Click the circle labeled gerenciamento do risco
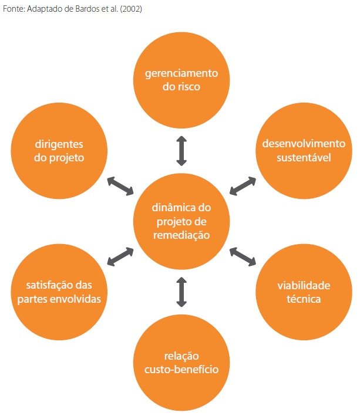[181, 80]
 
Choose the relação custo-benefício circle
[181, 363]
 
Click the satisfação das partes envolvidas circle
[59, 292]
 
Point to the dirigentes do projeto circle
[59, 150]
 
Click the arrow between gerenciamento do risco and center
[181, 151]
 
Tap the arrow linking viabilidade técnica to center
[243, 256]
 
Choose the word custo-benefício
[181, 370]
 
